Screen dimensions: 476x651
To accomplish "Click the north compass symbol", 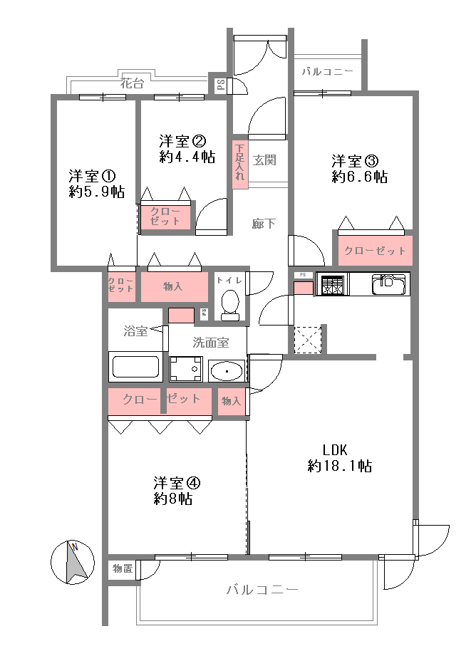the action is [x=73, y=563].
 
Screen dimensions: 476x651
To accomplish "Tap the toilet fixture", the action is [x=230, y=305].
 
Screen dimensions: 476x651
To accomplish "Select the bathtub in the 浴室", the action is [x=135, y=367].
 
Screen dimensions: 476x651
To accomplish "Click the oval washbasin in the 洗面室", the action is [x=227, y=371].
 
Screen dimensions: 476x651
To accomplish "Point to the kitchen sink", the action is [x=389, y=283].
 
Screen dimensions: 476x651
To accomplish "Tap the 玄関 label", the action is [x=264, y=160].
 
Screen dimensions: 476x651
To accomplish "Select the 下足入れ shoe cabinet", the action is [x=240, y=162].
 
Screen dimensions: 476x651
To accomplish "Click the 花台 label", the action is [x=132, y=83].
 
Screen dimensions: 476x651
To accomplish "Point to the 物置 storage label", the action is [x=123, y=568].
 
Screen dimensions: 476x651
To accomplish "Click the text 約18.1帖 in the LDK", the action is [x=339, y=466].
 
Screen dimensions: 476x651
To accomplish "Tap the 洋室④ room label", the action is [x=177, y=483].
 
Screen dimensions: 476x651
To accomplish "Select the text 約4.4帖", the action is [x=187, y=157].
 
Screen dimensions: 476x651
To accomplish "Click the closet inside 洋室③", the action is [x=375, y=250].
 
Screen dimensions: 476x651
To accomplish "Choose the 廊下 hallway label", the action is [x=264, y=224].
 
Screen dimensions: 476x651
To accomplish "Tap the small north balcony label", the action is [x=327, y=71].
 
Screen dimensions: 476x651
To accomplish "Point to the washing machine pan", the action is [x=186, y=369].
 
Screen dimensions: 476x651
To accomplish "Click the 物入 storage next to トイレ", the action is [x=175, y=286].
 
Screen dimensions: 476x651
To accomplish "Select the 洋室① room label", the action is [x=92, y=176].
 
